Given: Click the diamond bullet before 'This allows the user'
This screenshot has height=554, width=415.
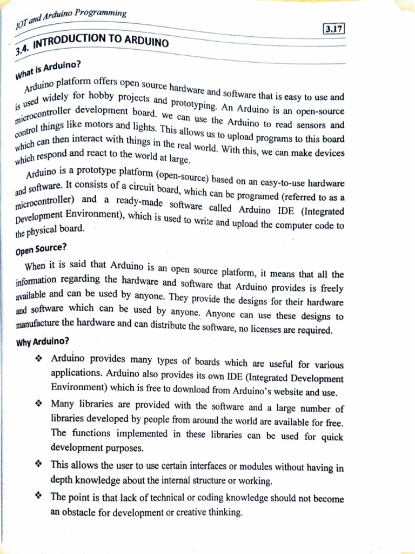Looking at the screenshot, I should pyautogui.click(x=38, y=465).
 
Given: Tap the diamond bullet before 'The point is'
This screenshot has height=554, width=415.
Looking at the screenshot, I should pyautogui.click(x=38, y=496).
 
